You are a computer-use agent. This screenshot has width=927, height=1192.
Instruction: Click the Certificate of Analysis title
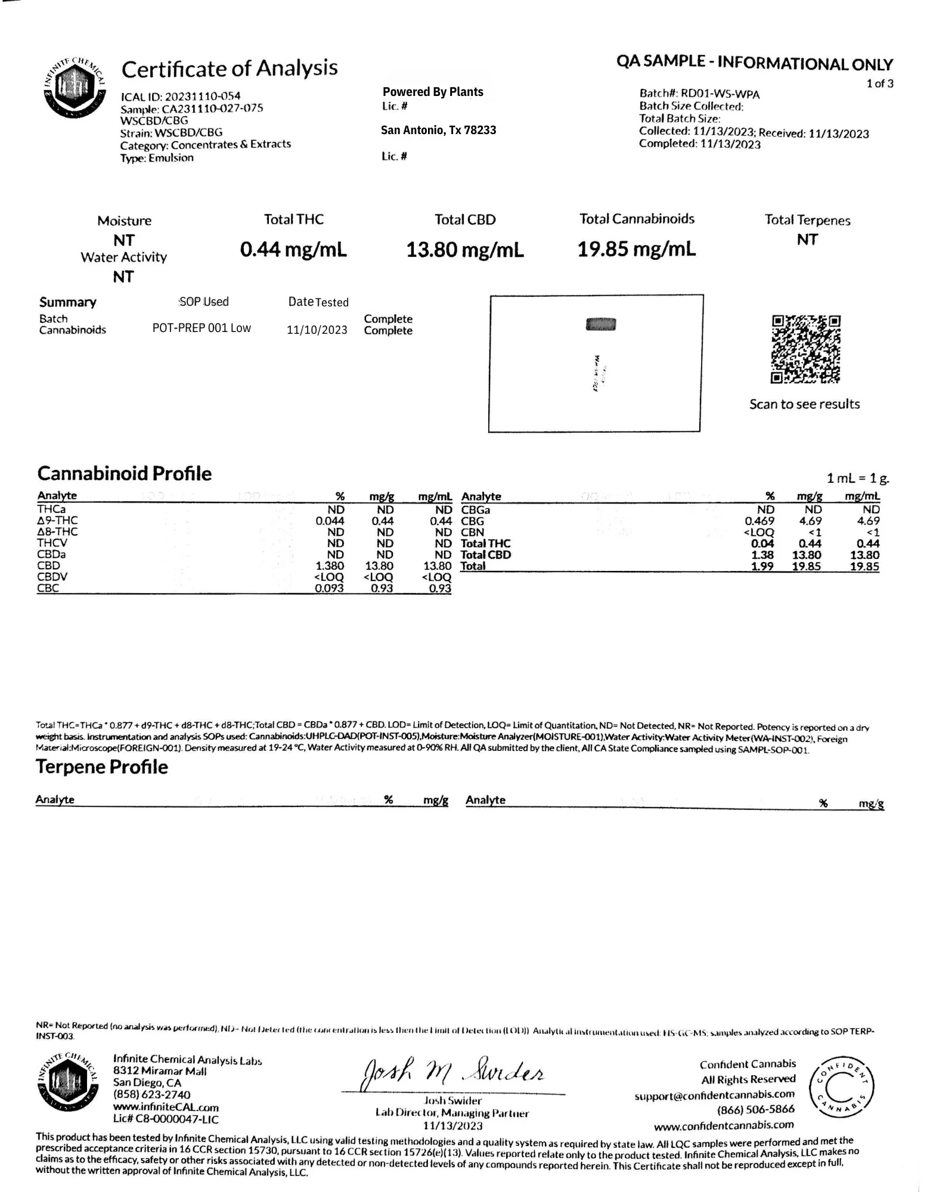point(230,69)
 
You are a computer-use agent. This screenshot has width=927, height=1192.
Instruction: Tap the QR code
point(805,349)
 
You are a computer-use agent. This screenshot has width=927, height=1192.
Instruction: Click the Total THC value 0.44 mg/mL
point(293,249)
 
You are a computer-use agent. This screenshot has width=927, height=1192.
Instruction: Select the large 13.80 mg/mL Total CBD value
point(465,249)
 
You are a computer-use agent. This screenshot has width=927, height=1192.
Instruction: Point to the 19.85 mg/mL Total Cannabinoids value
point(636,249)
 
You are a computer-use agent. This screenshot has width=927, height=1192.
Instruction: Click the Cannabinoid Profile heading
point(125,474)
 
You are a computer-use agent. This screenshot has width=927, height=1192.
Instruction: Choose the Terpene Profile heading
point(102,767)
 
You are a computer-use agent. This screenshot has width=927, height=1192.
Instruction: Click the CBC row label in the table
point(48,588)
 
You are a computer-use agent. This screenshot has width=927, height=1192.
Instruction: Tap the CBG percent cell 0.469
point(759,521)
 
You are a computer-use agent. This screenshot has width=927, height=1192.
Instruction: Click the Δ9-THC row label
point(57,520)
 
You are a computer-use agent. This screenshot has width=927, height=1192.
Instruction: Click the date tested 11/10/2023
point(317,330)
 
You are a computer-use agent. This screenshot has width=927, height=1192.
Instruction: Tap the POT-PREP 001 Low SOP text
point(201,328)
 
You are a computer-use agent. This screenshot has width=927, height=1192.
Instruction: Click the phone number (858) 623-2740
point(152,1095)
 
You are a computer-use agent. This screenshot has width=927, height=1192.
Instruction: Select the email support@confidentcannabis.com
point(714,1095)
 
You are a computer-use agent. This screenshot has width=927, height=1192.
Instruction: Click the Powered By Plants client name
point(433,92)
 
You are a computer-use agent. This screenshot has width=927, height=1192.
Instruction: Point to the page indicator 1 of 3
point(880,83)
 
